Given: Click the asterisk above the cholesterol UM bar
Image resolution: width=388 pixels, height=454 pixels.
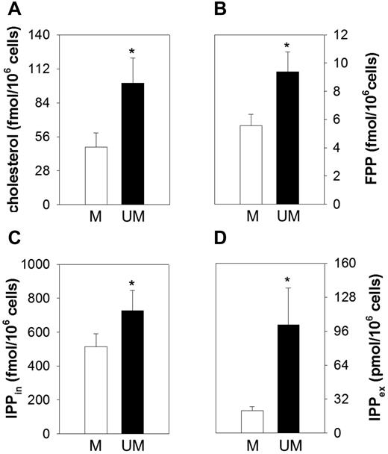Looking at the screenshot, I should pos(131,52).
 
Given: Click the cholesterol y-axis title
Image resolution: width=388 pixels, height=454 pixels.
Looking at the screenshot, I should pos(13,119).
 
